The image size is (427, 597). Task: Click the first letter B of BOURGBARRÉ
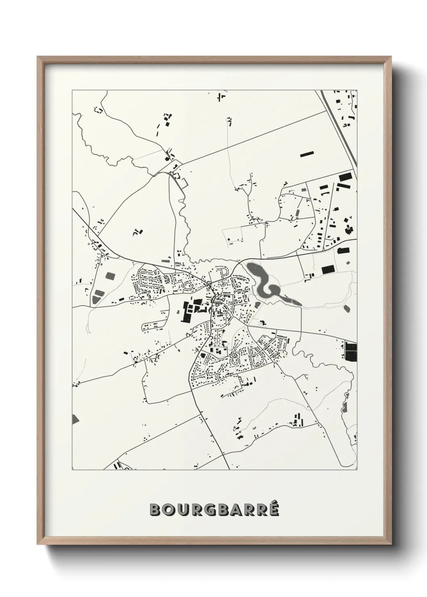[x=155, y=509]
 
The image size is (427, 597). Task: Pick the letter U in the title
[x=182, y=509]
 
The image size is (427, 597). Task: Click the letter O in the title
[x=168, y=509]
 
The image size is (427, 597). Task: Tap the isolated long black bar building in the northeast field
[x=306, y=154]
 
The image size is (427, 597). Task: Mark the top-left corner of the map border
[x=72, y=90]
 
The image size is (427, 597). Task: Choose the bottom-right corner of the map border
[x=357, y=470]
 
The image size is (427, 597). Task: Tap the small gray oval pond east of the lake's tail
[x=347, y=309]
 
